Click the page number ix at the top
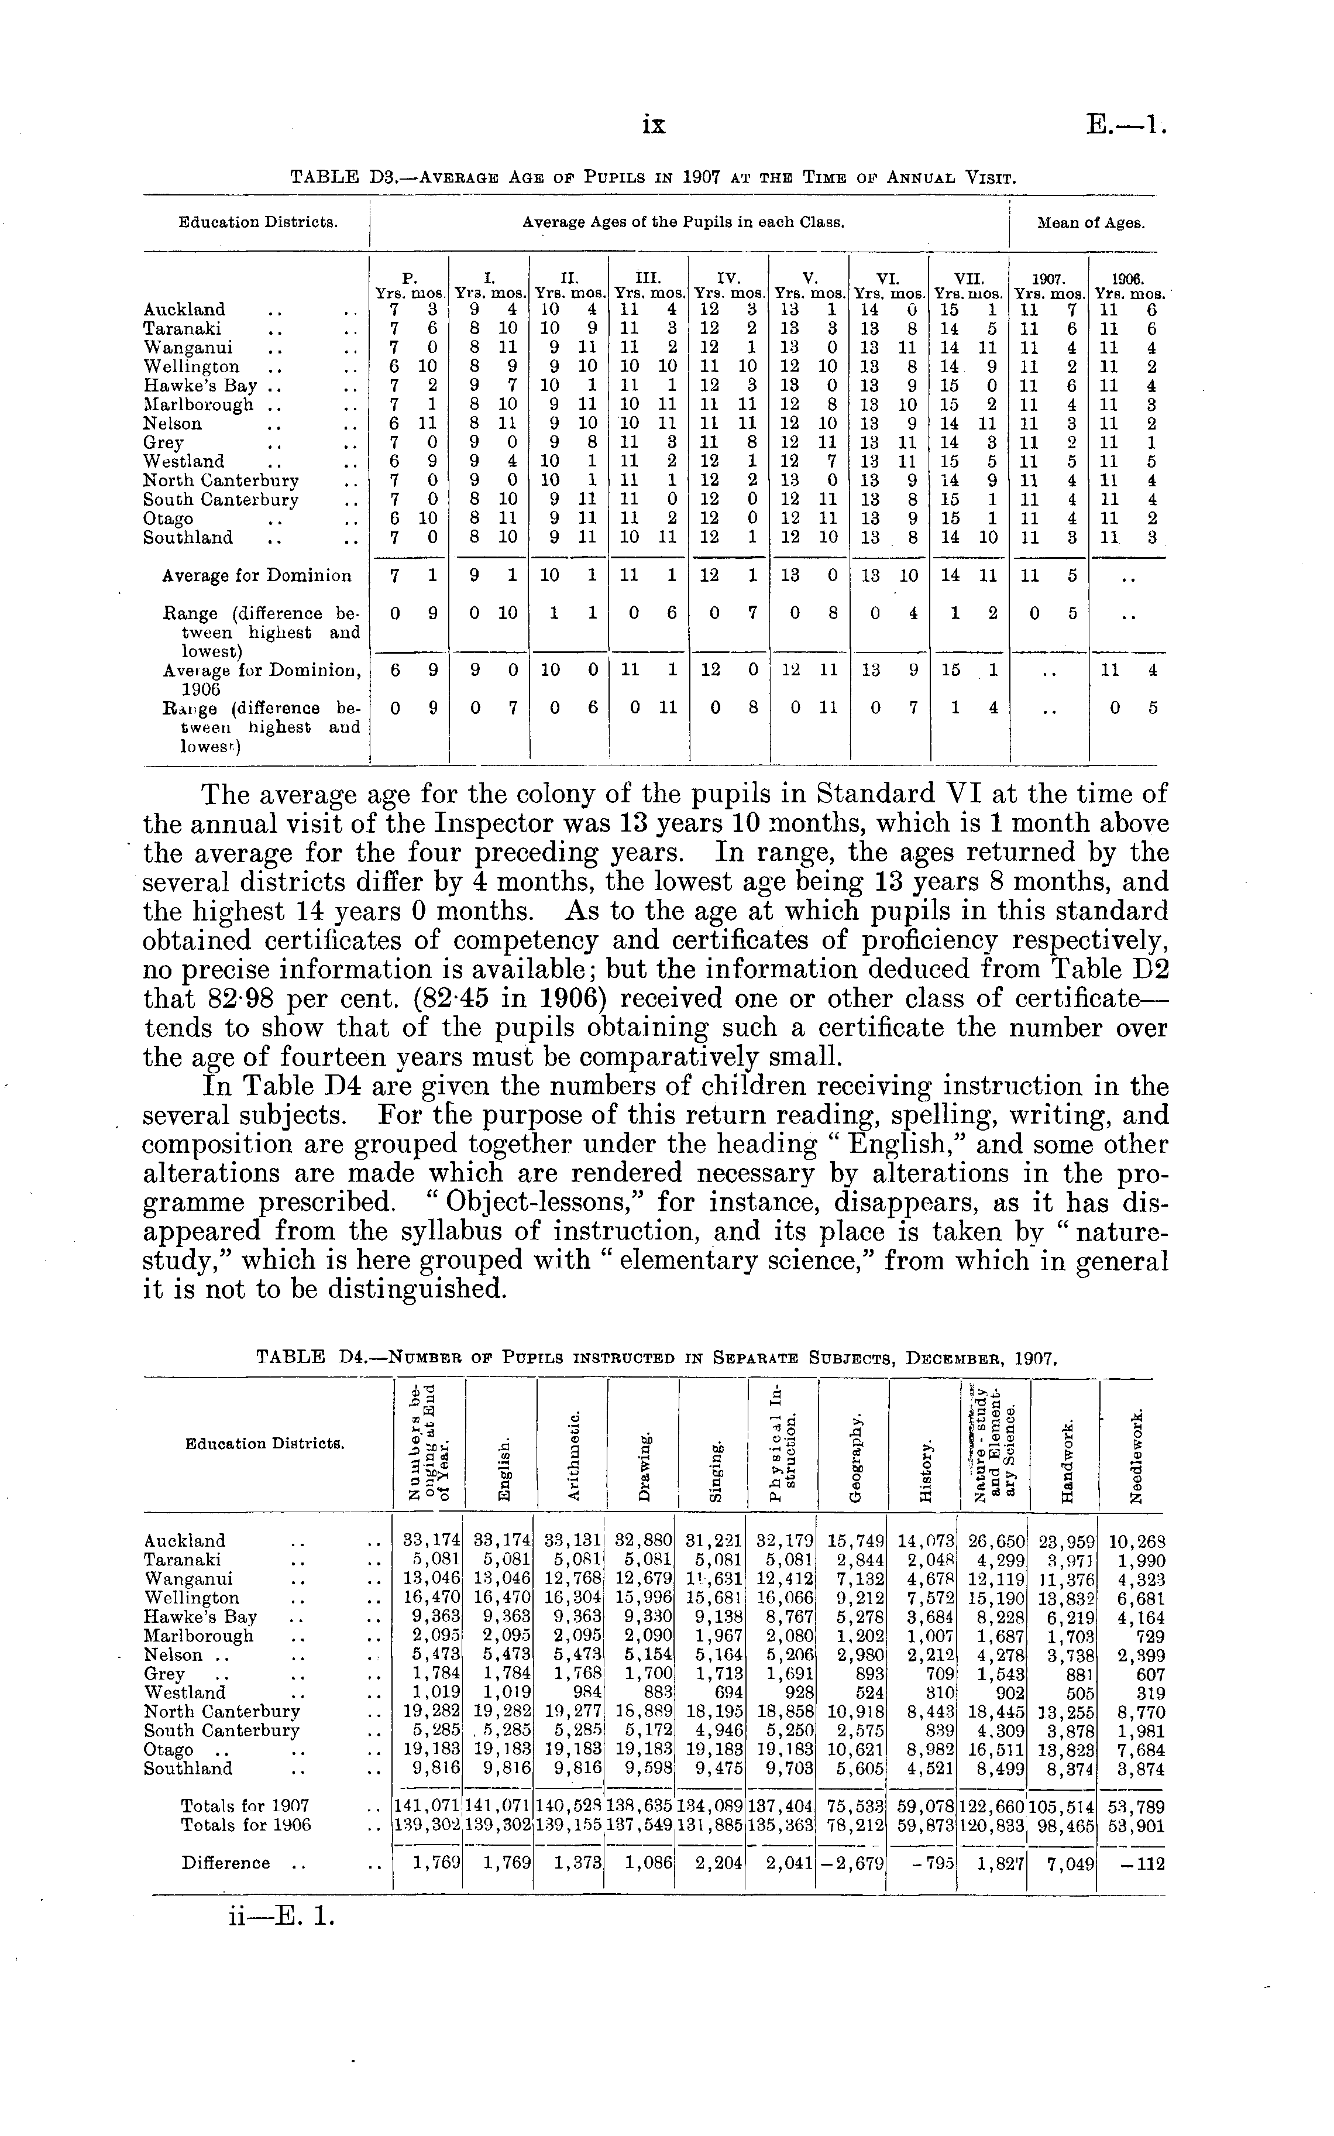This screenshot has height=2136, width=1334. click(x=654, y=126)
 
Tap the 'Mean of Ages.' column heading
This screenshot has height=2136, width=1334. click(x=1091, y=223)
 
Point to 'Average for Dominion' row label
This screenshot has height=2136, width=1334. click(x=257, y=576)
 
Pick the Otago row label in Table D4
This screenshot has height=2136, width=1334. click(x=169, y=1750)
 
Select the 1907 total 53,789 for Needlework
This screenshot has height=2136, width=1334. click(x=1137, y=1806)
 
